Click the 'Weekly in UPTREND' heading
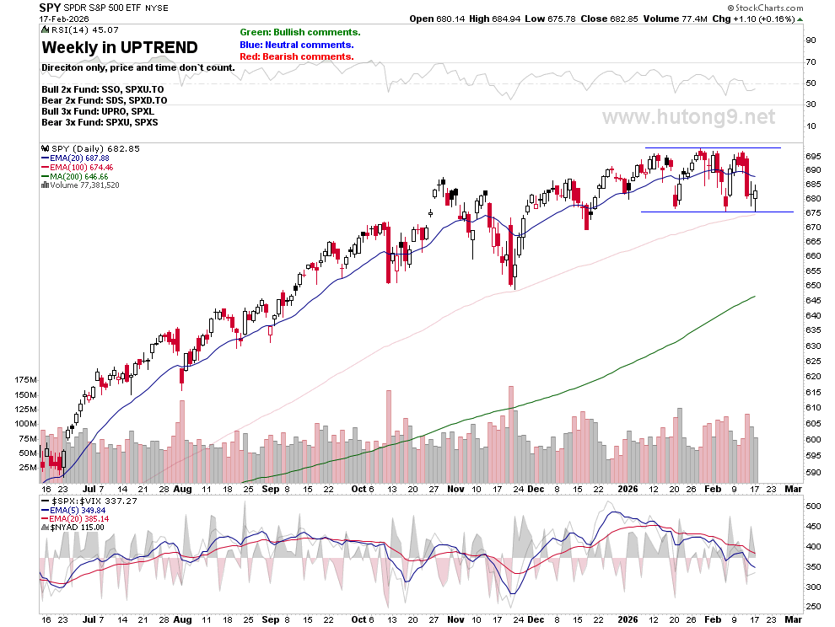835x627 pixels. coord(120,47)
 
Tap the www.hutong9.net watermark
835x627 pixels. coord(688,116)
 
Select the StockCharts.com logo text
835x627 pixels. coord(766,8)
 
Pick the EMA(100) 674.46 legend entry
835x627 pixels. coord(78,167)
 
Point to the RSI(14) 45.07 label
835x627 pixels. coord(80,30)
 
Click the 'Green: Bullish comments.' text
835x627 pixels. coord(299,33)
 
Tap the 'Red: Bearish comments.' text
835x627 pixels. coord(297,56)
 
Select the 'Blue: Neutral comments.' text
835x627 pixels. coord(297,45)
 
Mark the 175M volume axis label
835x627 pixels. coord(26,379)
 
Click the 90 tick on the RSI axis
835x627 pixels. coord(811,40)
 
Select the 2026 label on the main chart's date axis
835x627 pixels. coord(628,489)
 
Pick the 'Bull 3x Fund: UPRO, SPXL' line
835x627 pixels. coord(98,111)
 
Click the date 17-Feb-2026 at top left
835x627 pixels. coord(64,19)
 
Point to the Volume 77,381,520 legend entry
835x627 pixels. coord(80,185)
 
